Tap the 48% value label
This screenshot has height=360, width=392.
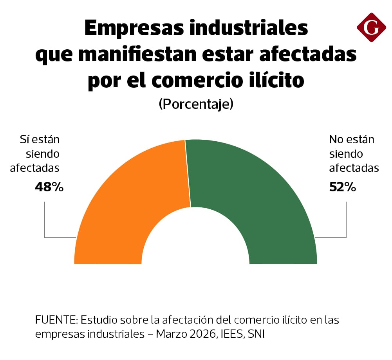(49, 187)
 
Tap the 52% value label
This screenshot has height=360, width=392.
(343, 187)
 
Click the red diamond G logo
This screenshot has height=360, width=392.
(371, 27)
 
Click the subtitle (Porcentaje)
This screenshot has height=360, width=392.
(196, 104)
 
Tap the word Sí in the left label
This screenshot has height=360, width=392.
(25, 140)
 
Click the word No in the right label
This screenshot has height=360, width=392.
(336, 140)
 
